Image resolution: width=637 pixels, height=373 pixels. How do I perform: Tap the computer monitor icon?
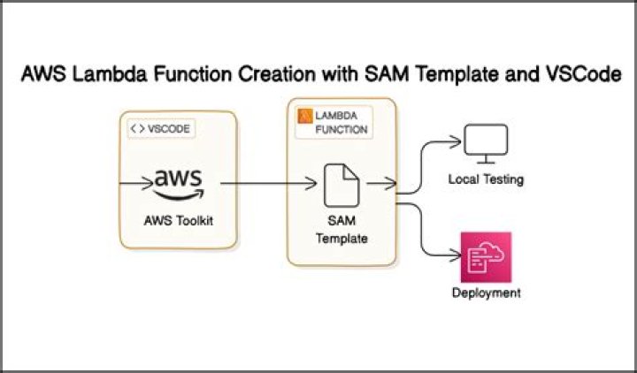pyautogui.click(x=486, y=143)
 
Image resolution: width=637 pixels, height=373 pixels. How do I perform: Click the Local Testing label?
pyautogui.click(x=487, y=179)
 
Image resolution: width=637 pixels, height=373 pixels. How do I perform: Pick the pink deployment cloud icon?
pyautogui.click(x=486, y=256)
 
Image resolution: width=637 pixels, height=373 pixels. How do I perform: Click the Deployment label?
pyautogui.click(x=486, y=293)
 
